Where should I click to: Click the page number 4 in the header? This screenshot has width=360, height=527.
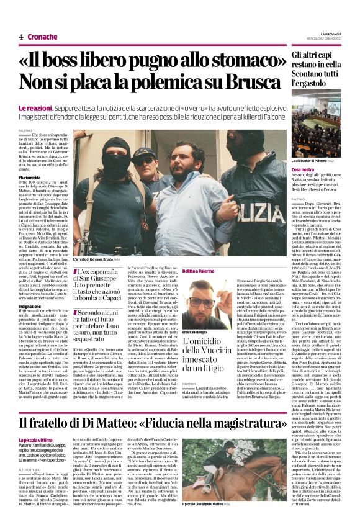pyautogui.click(x=20, y=37)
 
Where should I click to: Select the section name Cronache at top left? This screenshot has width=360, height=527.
pyautogui.click(x=42, y=37)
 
